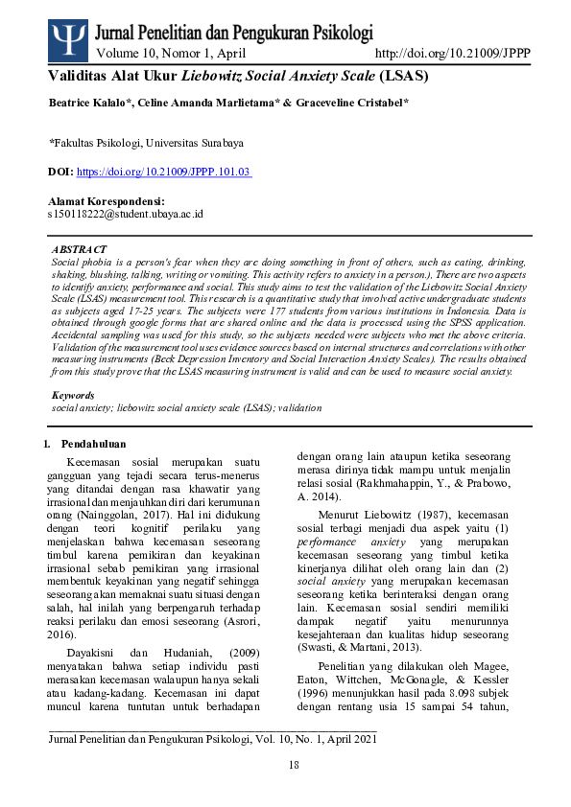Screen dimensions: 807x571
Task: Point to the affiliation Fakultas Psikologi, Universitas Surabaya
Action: point(146,143)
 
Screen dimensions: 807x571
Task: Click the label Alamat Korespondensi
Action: point(106,202)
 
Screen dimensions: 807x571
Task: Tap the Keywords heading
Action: point(73,395)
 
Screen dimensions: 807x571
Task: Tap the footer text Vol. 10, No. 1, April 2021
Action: point(313,739)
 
